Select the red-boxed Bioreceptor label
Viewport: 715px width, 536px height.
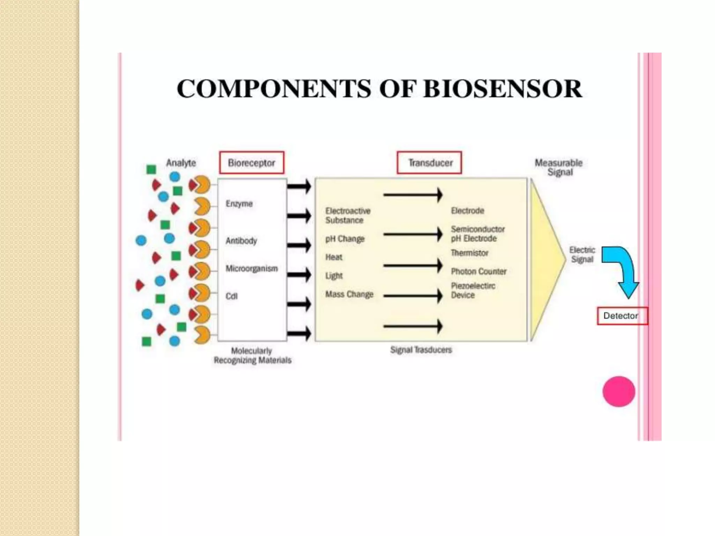click(251, 163)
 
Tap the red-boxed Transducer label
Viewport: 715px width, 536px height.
click(429, 163)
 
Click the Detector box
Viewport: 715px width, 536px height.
click(622, 316)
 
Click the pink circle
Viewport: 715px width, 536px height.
click(619, 392)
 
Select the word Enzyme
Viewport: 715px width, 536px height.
click(239, 204)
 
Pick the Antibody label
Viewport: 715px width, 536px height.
click(241, 241)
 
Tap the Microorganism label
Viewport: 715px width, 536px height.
click(251, 269)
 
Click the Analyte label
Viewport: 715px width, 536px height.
click(181, 163)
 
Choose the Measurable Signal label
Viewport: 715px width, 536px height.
click(559, 167)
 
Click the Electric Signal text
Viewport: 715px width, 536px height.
click(582, 255)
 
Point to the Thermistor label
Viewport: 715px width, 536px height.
click(469, 253)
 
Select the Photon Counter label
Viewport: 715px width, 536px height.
click(478, 271)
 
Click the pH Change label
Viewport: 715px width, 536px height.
click(345, 239)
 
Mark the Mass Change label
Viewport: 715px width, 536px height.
click(349, 295)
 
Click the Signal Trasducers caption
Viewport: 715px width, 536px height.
click(421, 350)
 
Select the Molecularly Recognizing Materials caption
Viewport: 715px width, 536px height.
click(252, 356)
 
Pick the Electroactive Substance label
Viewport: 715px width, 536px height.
click(347, 216)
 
